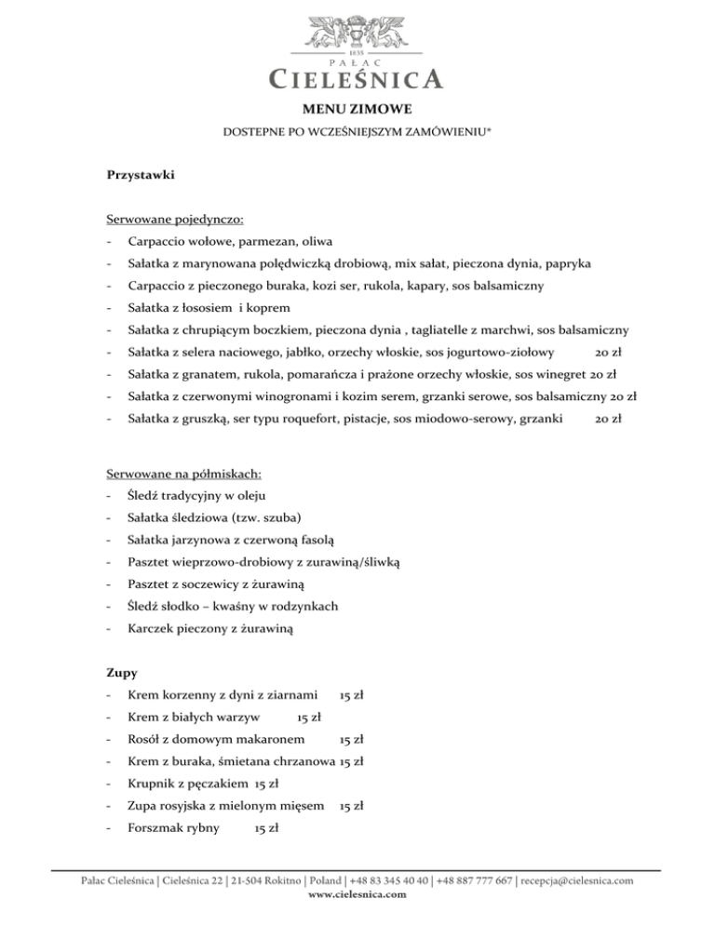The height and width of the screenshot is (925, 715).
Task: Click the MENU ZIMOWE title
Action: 357,109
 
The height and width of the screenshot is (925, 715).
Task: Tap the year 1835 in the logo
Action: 357,48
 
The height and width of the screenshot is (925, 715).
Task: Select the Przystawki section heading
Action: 140,174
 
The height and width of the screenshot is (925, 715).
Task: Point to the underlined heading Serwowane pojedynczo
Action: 175,220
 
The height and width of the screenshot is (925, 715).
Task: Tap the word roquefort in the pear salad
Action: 330,420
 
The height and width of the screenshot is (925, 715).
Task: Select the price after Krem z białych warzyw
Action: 309,717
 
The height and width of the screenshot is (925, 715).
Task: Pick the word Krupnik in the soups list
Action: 153,784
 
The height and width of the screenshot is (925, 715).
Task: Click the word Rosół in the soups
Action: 148,740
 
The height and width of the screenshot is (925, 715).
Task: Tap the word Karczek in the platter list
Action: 153,629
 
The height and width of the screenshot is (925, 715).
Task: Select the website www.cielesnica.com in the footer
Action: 357,894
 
